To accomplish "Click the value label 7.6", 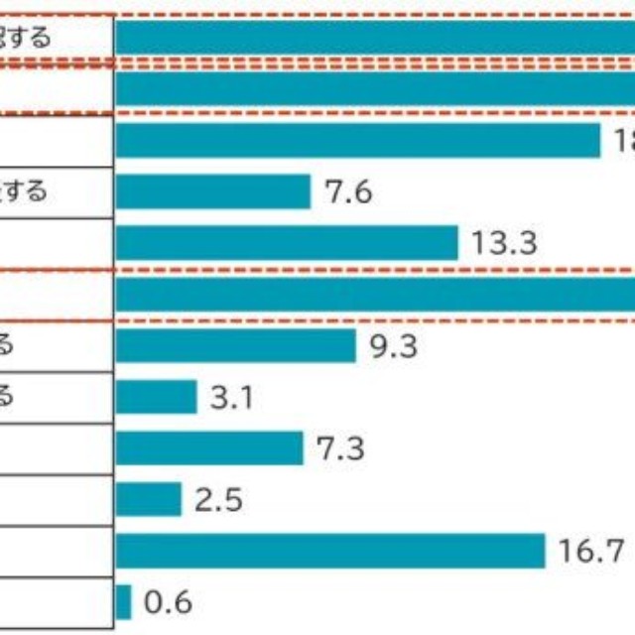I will point(348,191).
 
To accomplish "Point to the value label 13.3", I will point(504,243).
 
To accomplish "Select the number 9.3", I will point(394,346).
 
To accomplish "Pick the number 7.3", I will point(340,448).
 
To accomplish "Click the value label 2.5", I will point(219,499).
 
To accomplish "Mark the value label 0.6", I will point(168,602).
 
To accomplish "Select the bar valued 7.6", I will point(213,191).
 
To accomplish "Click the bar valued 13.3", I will point(287,243).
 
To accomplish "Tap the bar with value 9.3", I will point(235,346).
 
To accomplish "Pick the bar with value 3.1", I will point(156,398).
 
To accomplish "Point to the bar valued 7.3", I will point(209,448).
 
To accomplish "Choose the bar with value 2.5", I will point(149,499).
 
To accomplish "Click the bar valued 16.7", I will point(330,551).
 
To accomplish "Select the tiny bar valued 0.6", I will point(123,602).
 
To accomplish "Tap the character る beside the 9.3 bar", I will point(6,346).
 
